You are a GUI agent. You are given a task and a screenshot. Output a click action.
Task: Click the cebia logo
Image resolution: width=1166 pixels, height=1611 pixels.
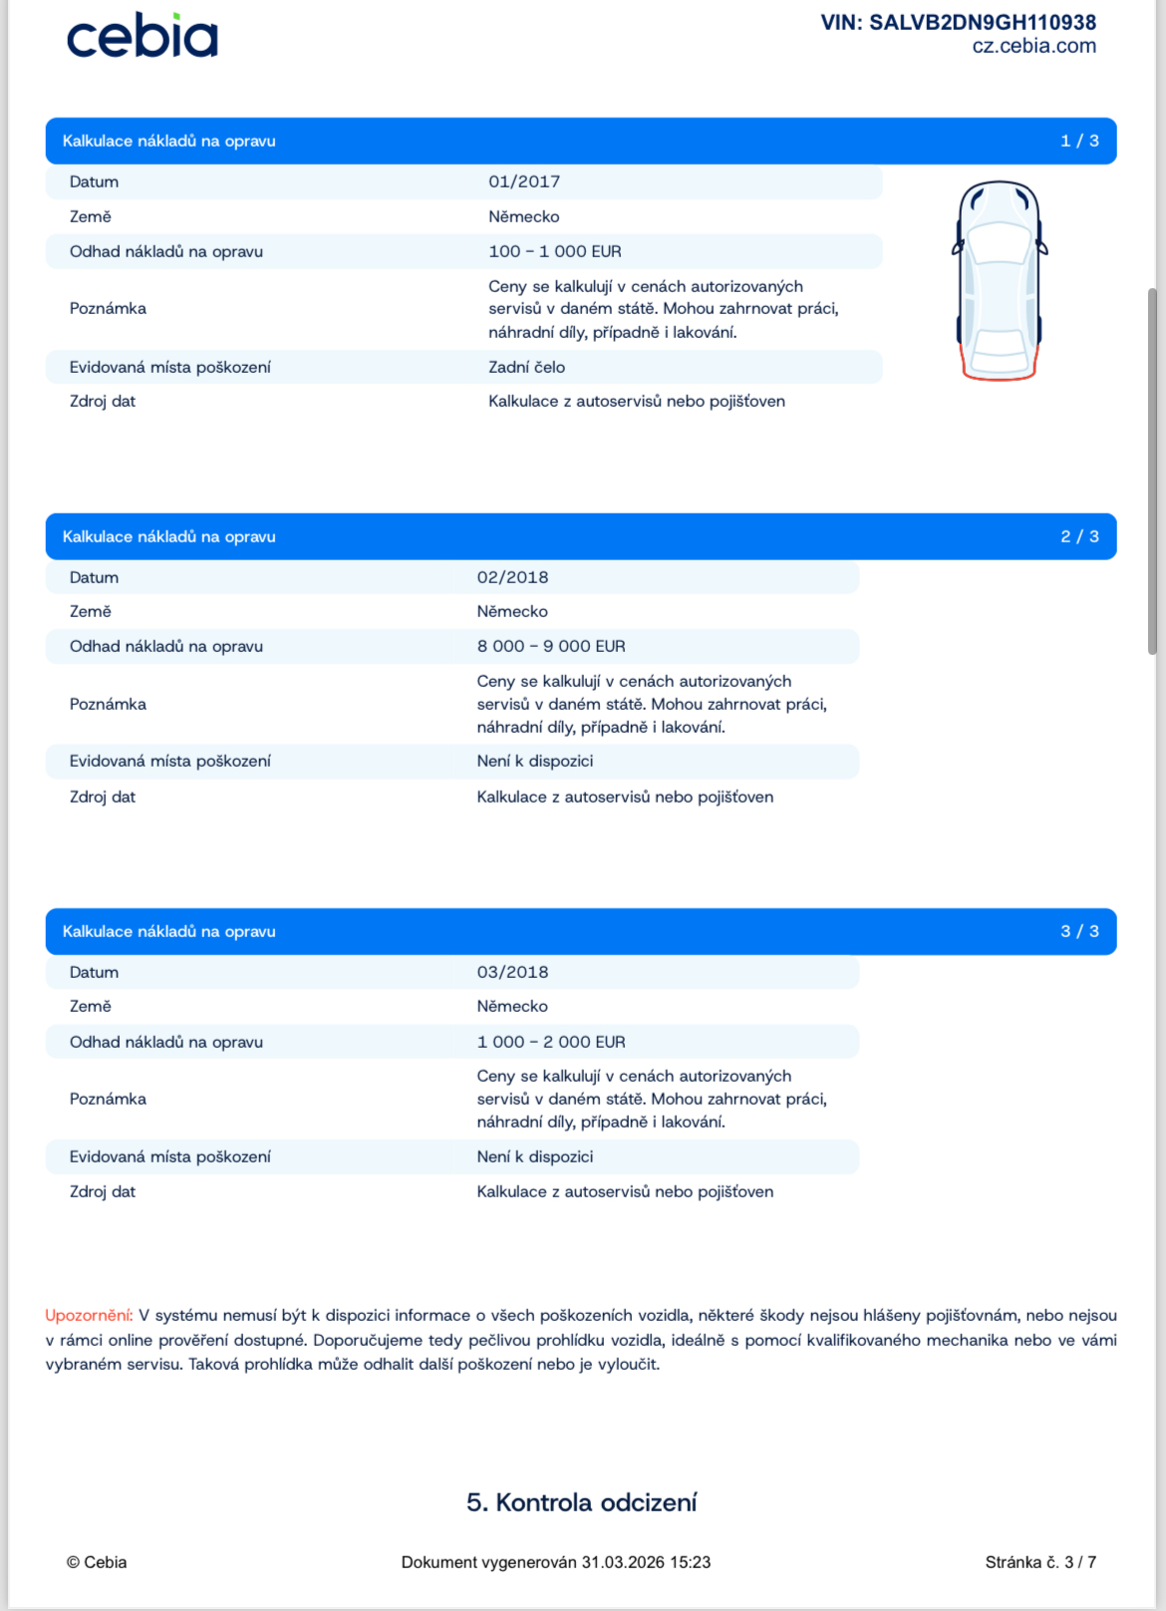point(142,37)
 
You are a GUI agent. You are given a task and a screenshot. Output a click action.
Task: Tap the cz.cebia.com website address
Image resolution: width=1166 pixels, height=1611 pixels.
point(1033,46)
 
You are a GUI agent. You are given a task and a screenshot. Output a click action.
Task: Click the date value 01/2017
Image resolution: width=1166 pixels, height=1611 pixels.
point(524,181)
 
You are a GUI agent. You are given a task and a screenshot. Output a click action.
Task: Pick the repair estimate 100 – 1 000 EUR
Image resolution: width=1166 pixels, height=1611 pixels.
point(554,251)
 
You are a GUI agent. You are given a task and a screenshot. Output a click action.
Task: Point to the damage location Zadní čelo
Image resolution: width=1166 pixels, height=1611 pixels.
point(526,367)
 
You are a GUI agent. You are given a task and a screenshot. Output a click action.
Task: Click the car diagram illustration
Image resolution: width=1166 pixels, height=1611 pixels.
point(1000,279)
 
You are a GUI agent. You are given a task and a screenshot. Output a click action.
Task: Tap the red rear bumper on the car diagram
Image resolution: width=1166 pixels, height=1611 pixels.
point(1000,376)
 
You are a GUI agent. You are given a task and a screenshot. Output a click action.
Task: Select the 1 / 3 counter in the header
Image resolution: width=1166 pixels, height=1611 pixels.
point(1079,141)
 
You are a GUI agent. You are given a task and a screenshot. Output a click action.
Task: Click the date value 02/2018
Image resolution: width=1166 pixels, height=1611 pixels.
point(512,577)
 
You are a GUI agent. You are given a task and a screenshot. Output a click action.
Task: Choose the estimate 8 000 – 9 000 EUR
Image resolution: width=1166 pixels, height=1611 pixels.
point(551,646)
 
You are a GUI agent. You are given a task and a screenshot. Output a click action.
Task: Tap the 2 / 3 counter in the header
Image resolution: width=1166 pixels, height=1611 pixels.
point(1079,536)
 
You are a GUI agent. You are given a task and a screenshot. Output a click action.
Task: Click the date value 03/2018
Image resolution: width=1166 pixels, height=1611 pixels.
point(512,972)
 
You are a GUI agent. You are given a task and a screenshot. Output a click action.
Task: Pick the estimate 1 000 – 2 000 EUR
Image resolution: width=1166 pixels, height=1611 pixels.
point(551,1042)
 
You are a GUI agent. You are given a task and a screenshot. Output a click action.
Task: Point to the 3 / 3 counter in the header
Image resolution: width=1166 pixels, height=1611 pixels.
point(1079,931)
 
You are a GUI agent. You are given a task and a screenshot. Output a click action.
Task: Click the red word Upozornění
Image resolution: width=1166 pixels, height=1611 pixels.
point(89,1315)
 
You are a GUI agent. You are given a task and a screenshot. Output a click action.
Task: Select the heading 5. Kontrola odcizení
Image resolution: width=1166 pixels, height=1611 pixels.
point(582,1502)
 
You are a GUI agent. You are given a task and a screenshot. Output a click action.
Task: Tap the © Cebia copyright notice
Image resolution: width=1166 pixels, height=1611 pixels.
point(97,1562)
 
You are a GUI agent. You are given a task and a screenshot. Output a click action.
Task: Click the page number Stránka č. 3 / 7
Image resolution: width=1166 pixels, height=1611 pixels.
point(1040,1562)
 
